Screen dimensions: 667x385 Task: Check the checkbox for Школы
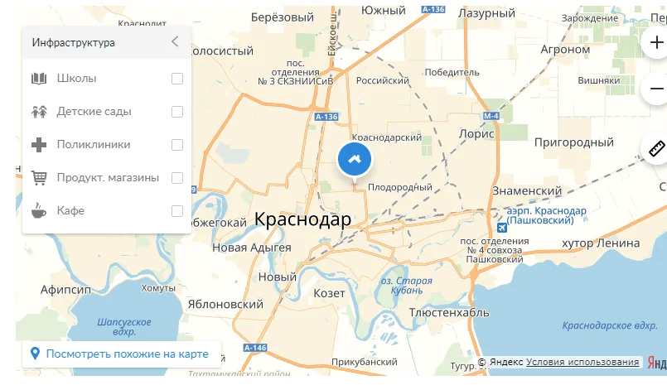click(177, 79)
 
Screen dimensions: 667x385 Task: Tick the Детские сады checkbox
click(177, 112)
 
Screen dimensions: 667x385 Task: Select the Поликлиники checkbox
click(177, 145)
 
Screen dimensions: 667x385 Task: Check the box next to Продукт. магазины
click(177, 178)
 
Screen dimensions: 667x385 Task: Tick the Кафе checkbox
click(177, 211)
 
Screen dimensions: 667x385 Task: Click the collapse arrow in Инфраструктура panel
click(175, 42)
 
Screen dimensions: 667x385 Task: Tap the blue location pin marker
click(355, 159)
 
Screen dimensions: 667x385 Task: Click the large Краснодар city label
click(302, 219)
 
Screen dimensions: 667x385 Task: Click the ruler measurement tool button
click(657, 150)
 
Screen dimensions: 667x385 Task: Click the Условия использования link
click(582, 363)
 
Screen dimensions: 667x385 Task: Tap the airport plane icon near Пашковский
click(500, 226)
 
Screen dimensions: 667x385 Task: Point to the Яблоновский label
click(226, 305)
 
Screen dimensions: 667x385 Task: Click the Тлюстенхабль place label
click(448, 313)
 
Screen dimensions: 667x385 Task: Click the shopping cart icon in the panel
click(39, 178)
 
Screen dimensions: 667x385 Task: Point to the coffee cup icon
click(39, 211)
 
